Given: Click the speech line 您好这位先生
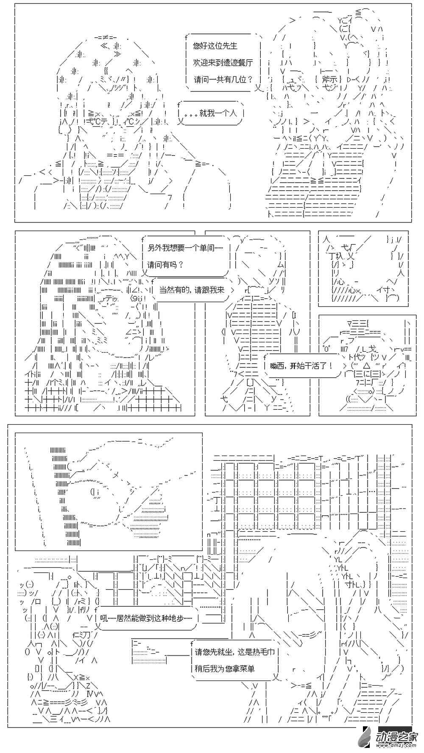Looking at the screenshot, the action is coord(215,46).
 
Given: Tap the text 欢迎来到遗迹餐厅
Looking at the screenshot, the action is coord(223,62).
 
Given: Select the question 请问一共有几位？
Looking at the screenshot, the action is coord(223,79).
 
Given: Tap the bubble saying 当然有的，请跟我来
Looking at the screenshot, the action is coord(192,290).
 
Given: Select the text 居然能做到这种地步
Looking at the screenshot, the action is coord(147,618).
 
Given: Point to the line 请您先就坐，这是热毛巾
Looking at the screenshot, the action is coord(234,652).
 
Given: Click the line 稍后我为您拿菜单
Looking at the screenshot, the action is coord(225,669).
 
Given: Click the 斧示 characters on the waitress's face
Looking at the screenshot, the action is coord(329,79).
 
